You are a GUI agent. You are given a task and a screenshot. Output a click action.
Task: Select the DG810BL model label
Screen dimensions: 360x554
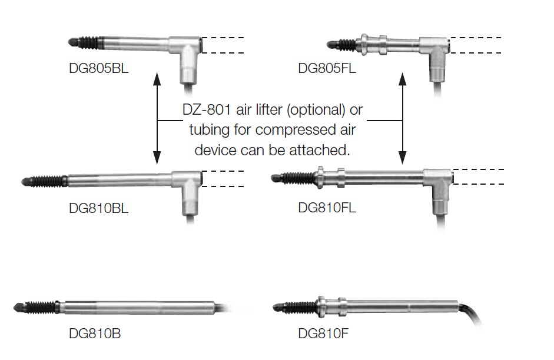pos(98,208)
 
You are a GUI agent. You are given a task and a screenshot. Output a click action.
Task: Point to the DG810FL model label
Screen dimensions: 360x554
pos(327,208)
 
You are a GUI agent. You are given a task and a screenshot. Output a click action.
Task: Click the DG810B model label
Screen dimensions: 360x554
pos(95,335)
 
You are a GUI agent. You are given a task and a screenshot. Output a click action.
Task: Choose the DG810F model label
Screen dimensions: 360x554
pos(323,335)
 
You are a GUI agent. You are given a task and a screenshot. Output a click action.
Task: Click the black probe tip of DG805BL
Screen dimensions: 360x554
pos(74,42)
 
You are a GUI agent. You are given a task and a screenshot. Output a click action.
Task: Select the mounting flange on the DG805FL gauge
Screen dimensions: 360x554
pos(364,42)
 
